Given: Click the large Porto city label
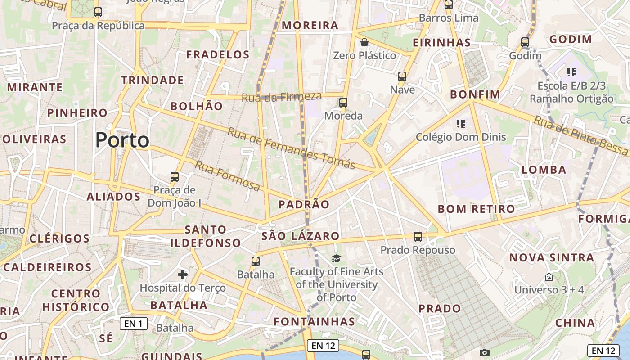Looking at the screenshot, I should (122, 140).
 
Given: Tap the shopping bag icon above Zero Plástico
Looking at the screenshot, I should (364, 42).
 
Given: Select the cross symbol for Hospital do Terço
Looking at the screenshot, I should (183, 274).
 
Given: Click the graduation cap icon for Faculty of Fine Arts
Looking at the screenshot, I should (336, 258).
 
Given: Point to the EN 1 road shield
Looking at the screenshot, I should (134, 323).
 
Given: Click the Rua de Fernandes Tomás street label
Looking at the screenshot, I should (291, 148).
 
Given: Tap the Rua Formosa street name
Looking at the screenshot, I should (227, 175).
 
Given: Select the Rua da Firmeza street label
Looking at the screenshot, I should (282, 97).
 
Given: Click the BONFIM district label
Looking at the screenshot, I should (475, 94).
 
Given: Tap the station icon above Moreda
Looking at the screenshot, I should (343, 102).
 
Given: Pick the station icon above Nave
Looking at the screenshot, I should (402, 76).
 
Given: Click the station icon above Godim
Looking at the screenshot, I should (525, 42).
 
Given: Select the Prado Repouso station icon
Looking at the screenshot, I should (418, 236).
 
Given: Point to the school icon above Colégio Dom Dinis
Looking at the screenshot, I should (460, 123).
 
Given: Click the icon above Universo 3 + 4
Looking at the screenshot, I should (549, 277).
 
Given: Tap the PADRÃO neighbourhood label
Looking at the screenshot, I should (304, 205).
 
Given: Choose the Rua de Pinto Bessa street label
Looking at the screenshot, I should (580, 135).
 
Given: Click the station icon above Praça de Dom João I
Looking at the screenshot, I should (175, 177).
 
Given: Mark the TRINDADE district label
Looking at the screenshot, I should (153, 81).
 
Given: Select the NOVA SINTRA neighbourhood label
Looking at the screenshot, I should (552, 258).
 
